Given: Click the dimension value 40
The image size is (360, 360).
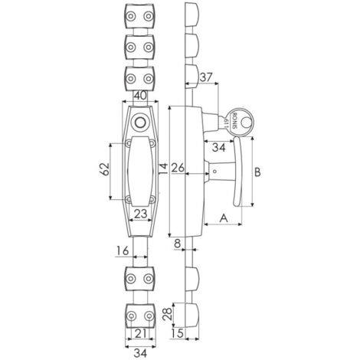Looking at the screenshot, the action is [140, 96].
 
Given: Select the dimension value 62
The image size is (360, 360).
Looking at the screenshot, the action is [105, 169].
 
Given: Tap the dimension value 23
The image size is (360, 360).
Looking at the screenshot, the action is [141, 214].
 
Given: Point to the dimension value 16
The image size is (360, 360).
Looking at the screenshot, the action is [123, 250].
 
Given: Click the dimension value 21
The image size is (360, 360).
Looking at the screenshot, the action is [141, 333].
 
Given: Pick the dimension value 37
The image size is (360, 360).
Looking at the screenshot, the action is [206, 77].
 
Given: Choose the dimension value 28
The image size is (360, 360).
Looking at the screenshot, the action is [167, 314].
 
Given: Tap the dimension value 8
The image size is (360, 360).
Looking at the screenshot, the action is [178, 244].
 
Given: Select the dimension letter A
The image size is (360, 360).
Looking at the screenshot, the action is [224, 218].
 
